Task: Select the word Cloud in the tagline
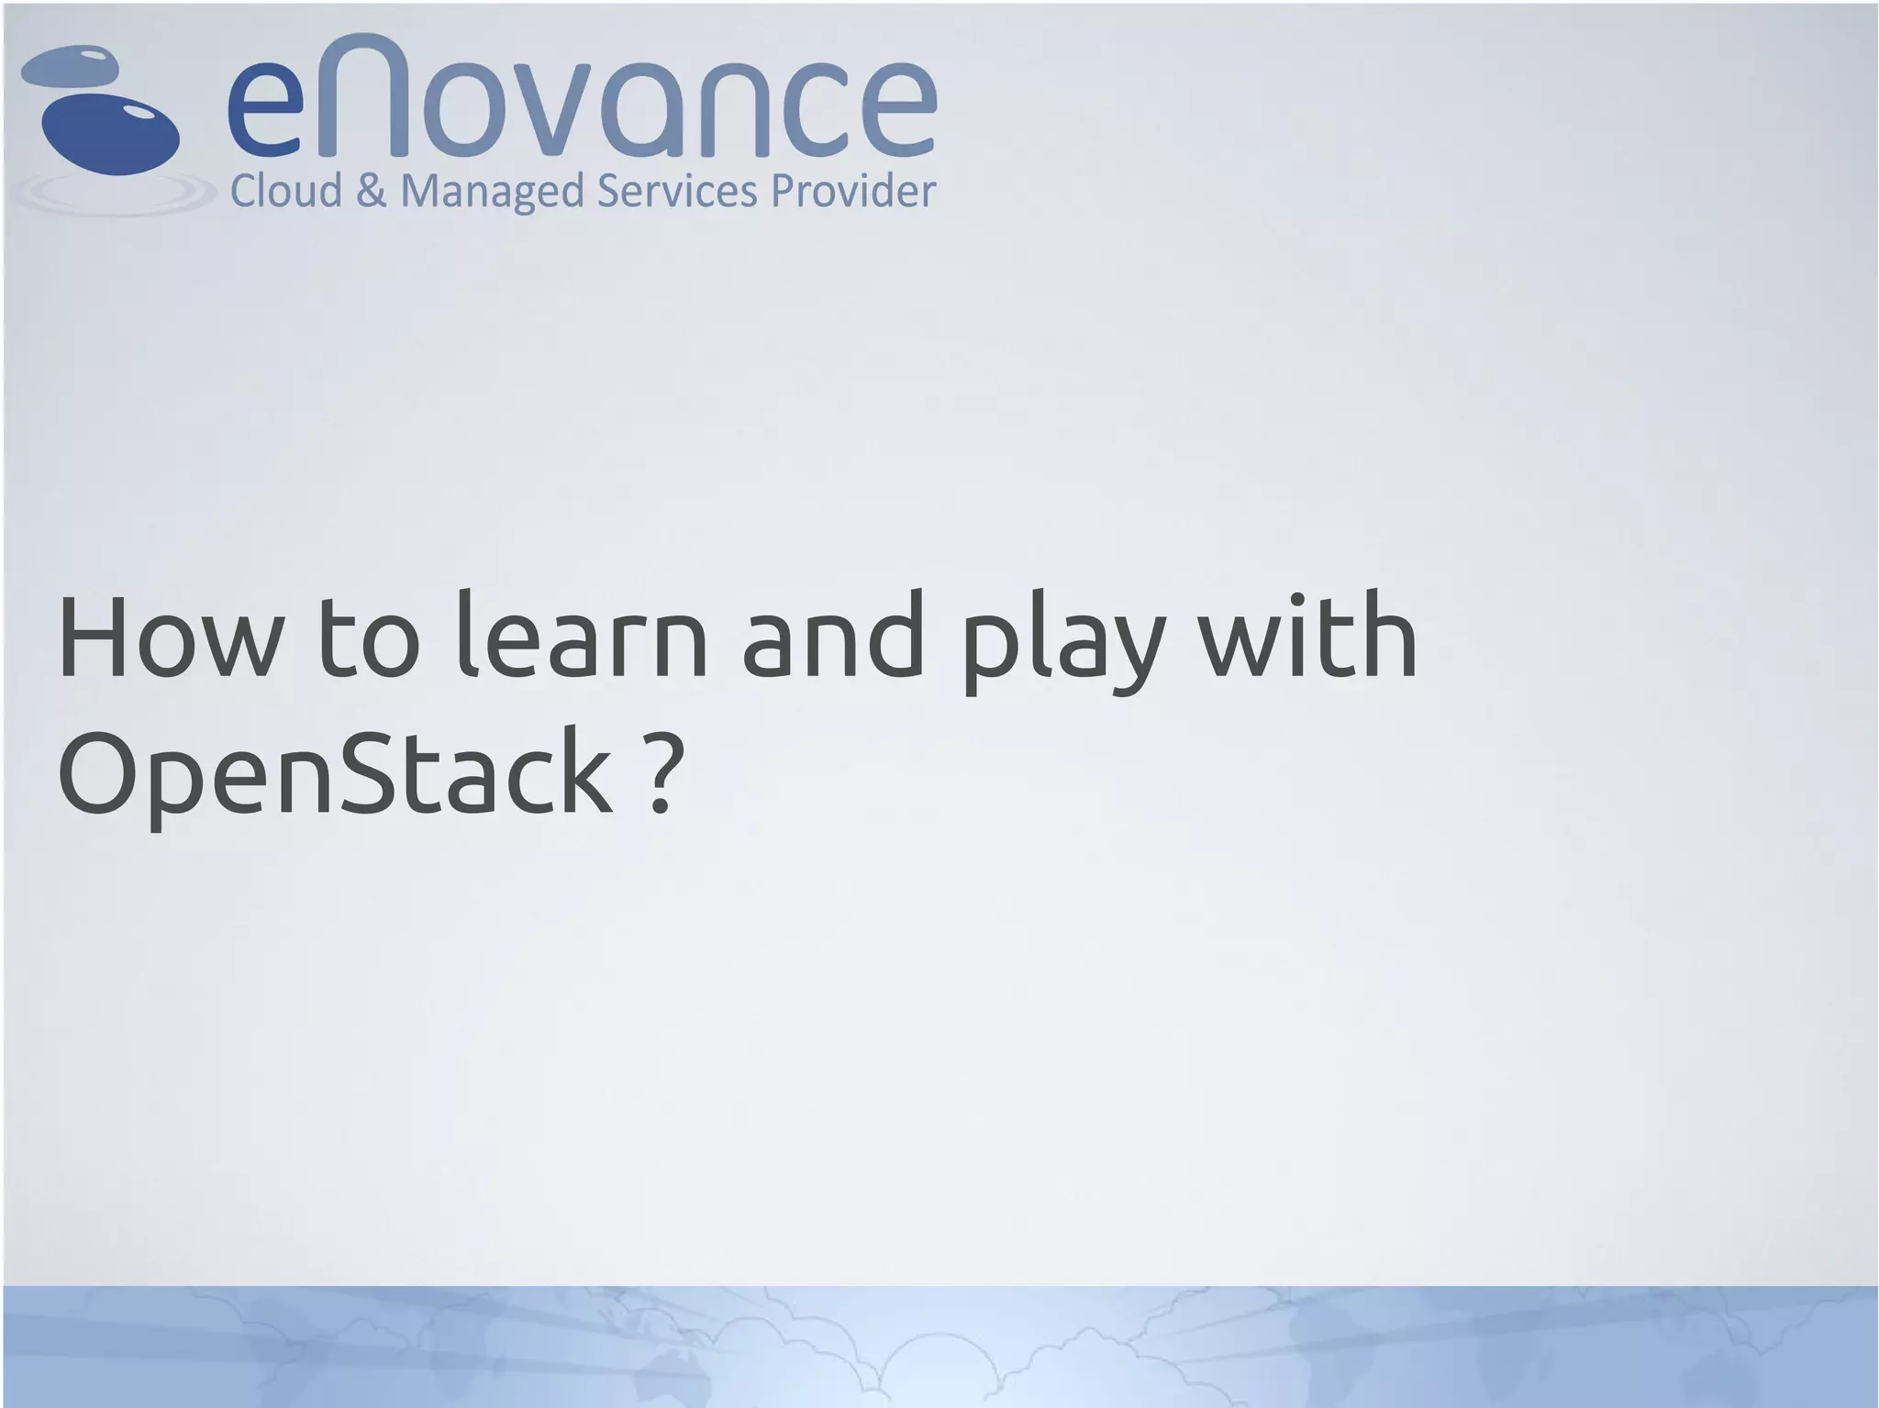coord(285,191)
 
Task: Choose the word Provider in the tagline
coord(852,191)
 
